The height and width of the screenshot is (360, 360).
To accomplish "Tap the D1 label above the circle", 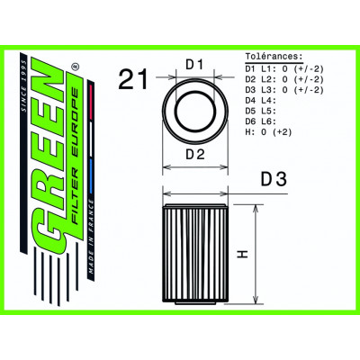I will coord(195,66).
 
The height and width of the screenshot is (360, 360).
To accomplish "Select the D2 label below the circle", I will coord(195,156).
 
